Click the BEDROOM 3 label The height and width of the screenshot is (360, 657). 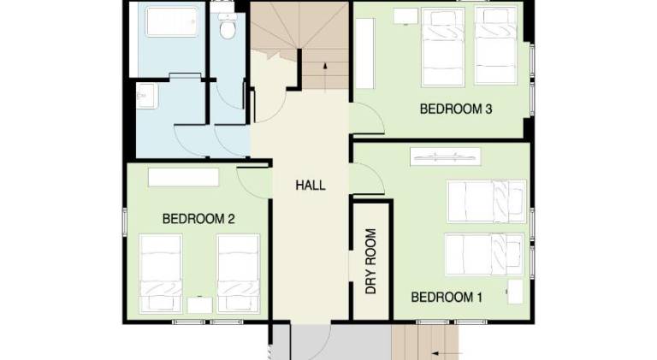pos(455,109)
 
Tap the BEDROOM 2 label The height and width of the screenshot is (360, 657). pos(198,219)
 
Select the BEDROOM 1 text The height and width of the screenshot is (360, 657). pos(447,298)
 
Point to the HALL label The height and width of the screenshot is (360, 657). pos(310,185)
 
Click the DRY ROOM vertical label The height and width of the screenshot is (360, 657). pos(371,261)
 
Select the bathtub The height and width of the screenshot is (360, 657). pos(175,21)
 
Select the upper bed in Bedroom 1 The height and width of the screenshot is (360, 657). pos(484,201)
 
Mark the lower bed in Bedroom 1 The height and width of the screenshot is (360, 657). pos(484,255)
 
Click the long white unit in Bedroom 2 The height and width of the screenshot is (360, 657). pos(183,176)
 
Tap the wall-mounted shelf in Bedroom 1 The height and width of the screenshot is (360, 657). pos(446,156)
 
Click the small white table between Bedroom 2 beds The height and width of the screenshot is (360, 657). pos(200,304)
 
